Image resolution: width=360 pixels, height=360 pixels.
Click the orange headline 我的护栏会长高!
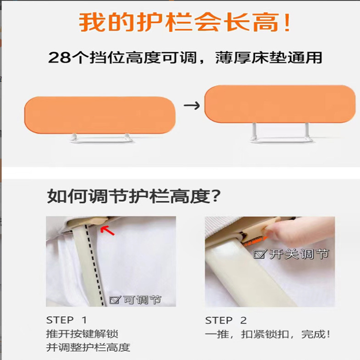[185, 22]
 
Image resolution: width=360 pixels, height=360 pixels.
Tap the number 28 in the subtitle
[59, 58]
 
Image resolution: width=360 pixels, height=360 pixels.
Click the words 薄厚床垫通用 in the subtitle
[269, 58]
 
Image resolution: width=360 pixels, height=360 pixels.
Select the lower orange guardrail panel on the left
[100, 115]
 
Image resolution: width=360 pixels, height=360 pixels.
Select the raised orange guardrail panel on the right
[280, 104]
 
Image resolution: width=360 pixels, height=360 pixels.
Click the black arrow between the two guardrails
[191, 105]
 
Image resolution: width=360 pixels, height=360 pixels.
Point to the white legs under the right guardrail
[278, 133]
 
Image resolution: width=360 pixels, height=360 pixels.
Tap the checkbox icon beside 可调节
[115, 300]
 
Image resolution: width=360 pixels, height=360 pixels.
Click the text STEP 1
[66, 320]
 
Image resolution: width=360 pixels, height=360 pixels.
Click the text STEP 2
[226, 320]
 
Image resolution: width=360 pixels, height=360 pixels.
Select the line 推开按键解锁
[79, 333]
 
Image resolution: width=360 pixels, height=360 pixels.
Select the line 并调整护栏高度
[88, 347]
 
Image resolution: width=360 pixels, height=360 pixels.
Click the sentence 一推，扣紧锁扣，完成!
[267, 334]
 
